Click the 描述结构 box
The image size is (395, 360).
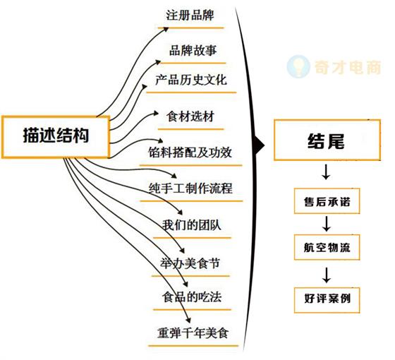pyautogui.click(x=56, y=137)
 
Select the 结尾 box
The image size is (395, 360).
pyautogui.click(x=327, y=140)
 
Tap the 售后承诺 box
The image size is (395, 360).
pyautogui.click(x=327, y=201)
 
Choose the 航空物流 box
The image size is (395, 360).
pyautogui.click(x=327, y=247)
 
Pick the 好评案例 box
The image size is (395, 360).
pyautogui.click(x=327, y=300)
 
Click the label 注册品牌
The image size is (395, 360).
pyautogui.click(x=190, y=15)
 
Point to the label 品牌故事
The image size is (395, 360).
pyautogui.click(x=193, y=50)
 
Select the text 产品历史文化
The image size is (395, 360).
pyautogui.click(x=191, y=80)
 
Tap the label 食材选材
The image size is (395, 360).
pyautogui.click(x=190, y=116)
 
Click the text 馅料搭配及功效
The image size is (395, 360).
pyautogui.click(x=190, y=152)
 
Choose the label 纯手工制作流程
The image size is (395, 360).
pyautogui.click(x=190, y=188)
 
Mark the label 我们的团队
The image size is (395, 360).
pyautogui.click(x=191, y=225)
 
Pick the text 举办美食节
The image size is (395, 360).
pyautogui.click(x=190, y=263)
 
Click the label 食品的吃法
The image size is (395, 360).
pyautogui.click(x=192, y=297)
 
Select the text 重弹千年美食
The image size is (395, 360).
pyautogui.click(x=193, y=332)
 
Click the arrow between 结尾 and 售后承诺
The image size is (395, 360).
pyautogui.click(x=326, y=172)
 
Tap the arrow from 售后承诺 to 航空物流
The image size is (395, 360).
pyautogui.click(x=327, y=224)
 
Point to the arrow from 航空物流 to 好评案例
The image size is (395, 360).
pyautogui.click(x=327, y=275)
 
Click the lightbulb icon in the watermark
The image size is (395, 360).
pyautogui.click(x=298, y=66)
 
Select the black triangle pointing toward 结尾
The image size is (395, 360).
pyautogui.click(x=260, y=145)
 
